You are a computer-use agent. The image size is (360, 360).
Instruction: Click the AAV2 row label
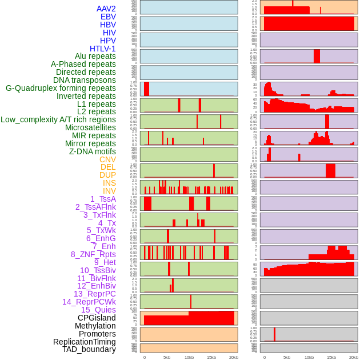tap(106, 9)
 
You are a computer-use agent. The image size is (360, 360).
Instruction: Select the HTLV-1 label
tap(102, 49)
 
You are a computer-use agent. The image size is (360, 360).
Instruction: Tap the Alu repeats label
tap(95, 57)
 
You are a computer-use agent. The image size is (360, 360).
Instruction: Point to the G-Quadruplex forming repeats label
tap(61, 89)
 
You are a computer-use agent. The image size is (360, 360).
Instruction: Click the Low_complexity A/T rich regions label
tap(58, 119)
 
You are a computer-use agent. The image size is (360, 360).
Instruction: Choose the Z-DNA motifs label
tap(92, 151)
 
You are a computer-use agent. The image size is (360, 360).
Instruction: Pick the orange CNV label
tap(107, 159)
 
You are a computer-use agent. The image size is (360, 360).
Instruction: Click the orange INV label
tap(109, 191)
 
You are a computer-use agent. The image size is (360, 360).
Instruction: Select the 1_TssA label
tap(103, 199)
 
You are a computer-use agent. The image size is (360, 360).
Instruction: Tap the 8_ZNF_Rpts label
tap(93, 254)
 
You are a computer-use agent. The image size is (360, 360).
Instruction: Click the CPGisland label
tap(97, 318)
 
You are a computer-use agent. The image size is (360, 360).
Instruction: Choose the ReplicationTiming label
tap(84, 342)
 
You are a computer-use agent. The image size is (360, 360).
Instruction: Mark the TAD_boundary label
tap(89, 349)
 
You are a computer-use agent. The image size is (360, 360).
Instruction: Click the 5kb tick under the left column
tap(167, 357)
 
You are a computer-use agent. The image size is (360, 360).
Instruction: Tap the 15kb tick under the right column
tap(331, 357)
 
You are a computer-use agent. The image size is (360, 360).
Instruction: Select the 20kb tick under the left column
tap(234, 357)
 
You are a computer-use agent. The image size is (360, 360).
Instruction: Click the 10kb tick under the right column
tap(309, 357)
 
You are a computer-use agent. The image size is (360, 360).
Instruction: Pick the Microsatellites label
tap(90, 127)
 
